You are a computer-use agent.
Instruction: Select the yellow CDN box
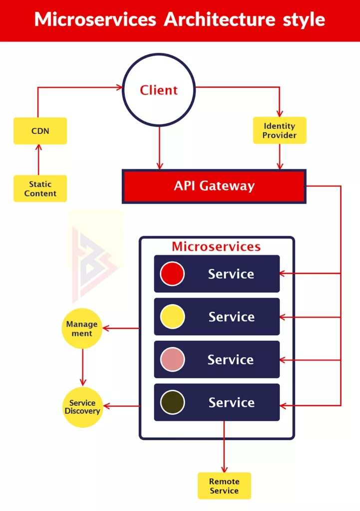(40, 131)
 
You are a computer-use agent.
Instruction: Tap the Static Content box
(40, 189)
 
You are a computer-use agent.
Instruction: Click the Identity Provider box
(280, 130)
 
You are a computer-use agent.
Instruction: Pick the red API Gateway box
(214, 186)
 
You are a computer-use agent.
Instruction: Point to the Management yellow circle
(82, 328)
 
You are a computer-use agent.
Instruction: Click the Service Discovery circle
(82, 407)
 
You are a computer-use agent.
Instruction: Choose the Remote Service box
(224, 486)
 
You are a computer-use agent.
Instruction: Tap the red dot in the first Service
(172, 274)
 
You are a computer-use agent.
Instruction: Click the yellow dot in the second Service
(172, 317)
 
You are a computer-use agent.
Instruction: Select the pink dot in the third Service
(172, 360)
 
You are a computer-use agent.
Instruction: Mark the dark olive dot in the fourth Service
(172, 402)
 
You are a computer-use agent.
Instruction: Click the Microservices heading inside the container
(216, 247)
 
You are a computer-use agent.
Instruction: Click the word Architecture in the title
(220, 20)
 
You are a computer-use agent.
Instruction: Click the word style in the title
(304, 20)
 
